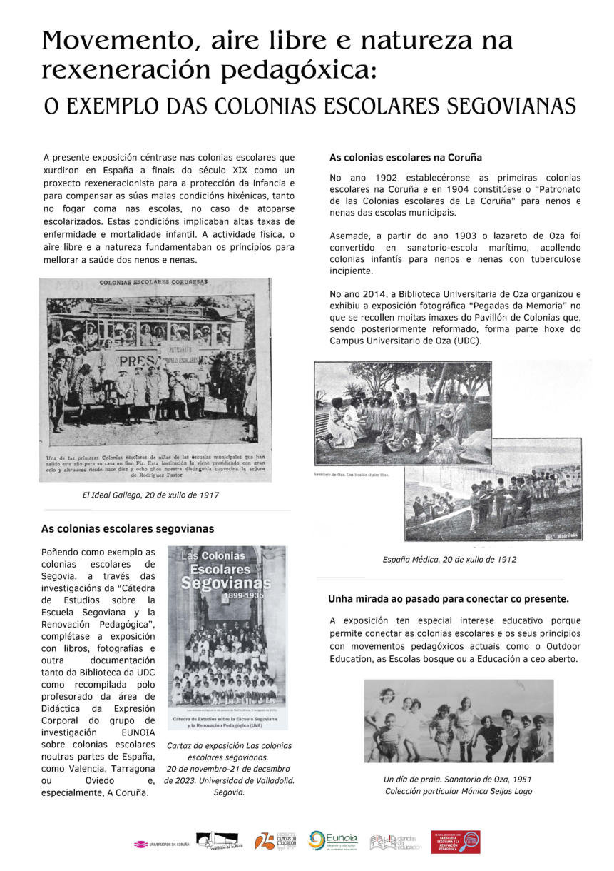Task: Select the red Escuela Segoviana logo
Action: click(455, 842)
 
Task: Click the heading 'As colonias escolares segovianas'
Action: click(128, 529)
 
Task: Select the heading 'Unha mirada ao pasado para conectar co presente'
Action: click(448, 598)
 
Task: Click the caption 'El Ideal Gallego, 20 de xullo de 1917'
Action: click(150, 495)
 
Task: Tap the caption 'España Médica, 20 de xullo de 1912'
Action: click(449, 560)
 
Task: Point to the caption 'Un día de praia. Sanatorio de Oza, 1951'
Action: click(458, 779)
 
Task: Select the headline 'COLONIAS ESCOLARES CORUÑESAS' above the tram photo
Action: click(153, 282)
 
